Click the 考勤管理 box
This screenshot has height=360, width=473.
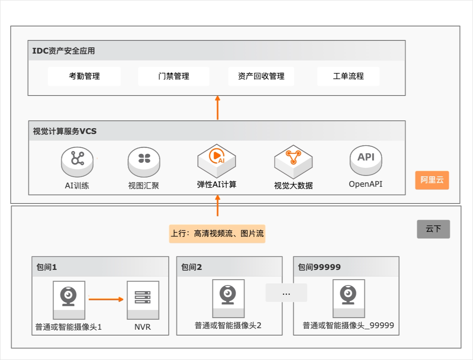pyautogui.click(x=84, y=76)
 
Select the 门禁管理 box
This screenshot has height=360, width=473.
pyautogui.click(x=174, y=76)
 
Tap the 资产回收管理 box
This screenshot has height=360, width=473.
pyautogui.click(x=261, y=76)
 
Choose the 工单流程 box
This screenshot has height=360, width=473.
pyautogui.click(x=348, y=76)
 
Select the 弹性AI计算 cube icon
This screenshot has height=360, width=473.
pyautogui.click(x=217, y=160)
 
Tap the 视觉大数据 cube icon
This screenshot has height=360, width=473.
pyautogui.click(x=293, y=160)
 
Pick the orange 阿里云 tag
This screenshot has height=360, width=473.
pyautogui.click(x=432, y=180)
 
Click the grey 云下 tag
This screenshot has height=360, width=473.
pyautogui.click(x=433, y=229)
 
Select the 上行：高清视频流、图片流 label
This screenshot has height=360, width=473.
pyautogui.click(x=217, y=234)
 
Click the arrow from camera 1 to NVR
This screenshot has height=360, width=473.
pyautogui.click(x=106, y=299)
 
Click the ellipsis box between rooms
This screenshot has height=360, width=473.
pyautogui.click(x=286, y=293)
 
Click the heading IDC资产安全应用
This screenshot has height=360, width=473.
pyautogui.click(x=64, y=51)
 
